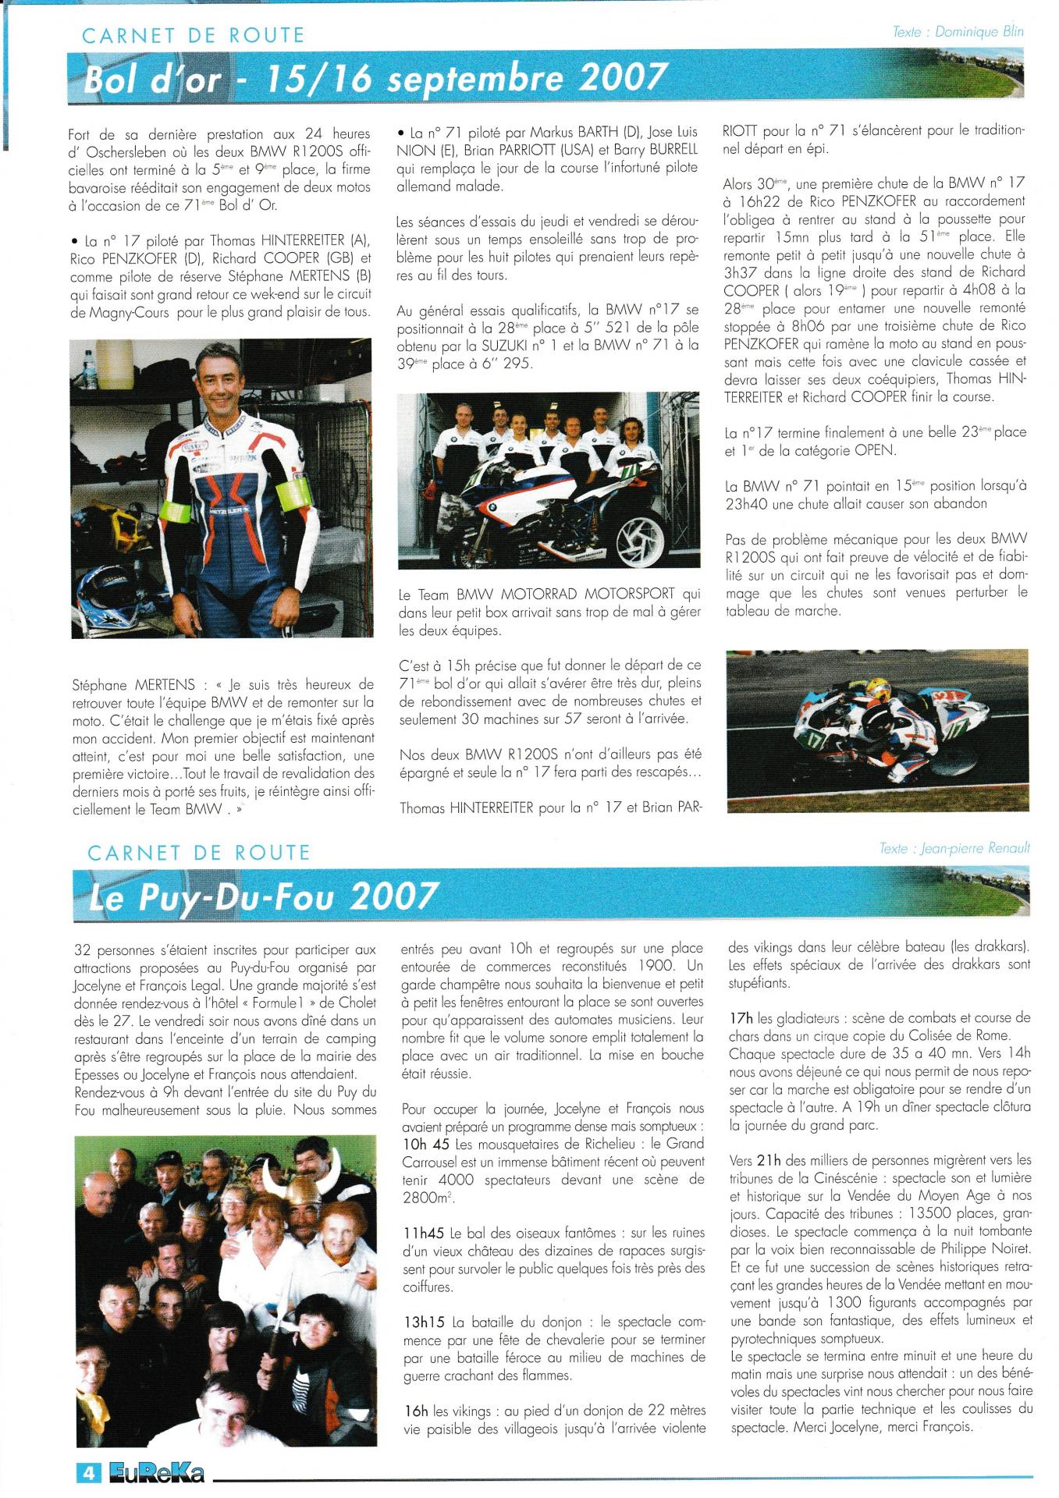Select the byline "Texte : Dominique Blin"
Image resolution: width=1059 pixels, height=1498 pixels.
(958, 32)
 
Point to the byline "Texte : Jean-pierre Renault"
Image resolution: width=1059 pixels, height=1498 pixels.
(954, 848)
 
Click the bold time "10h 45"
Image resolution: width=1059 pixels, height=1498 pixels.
(425, 1144)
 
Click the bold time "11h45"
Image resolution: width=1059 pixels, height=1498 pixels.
(421, 1233)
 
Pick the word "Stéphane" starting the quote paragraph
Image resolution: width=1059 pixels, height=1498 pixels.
(98, 684)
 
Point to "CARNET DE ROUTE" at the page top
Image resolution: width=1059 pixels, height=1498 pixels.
(193, 35)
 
